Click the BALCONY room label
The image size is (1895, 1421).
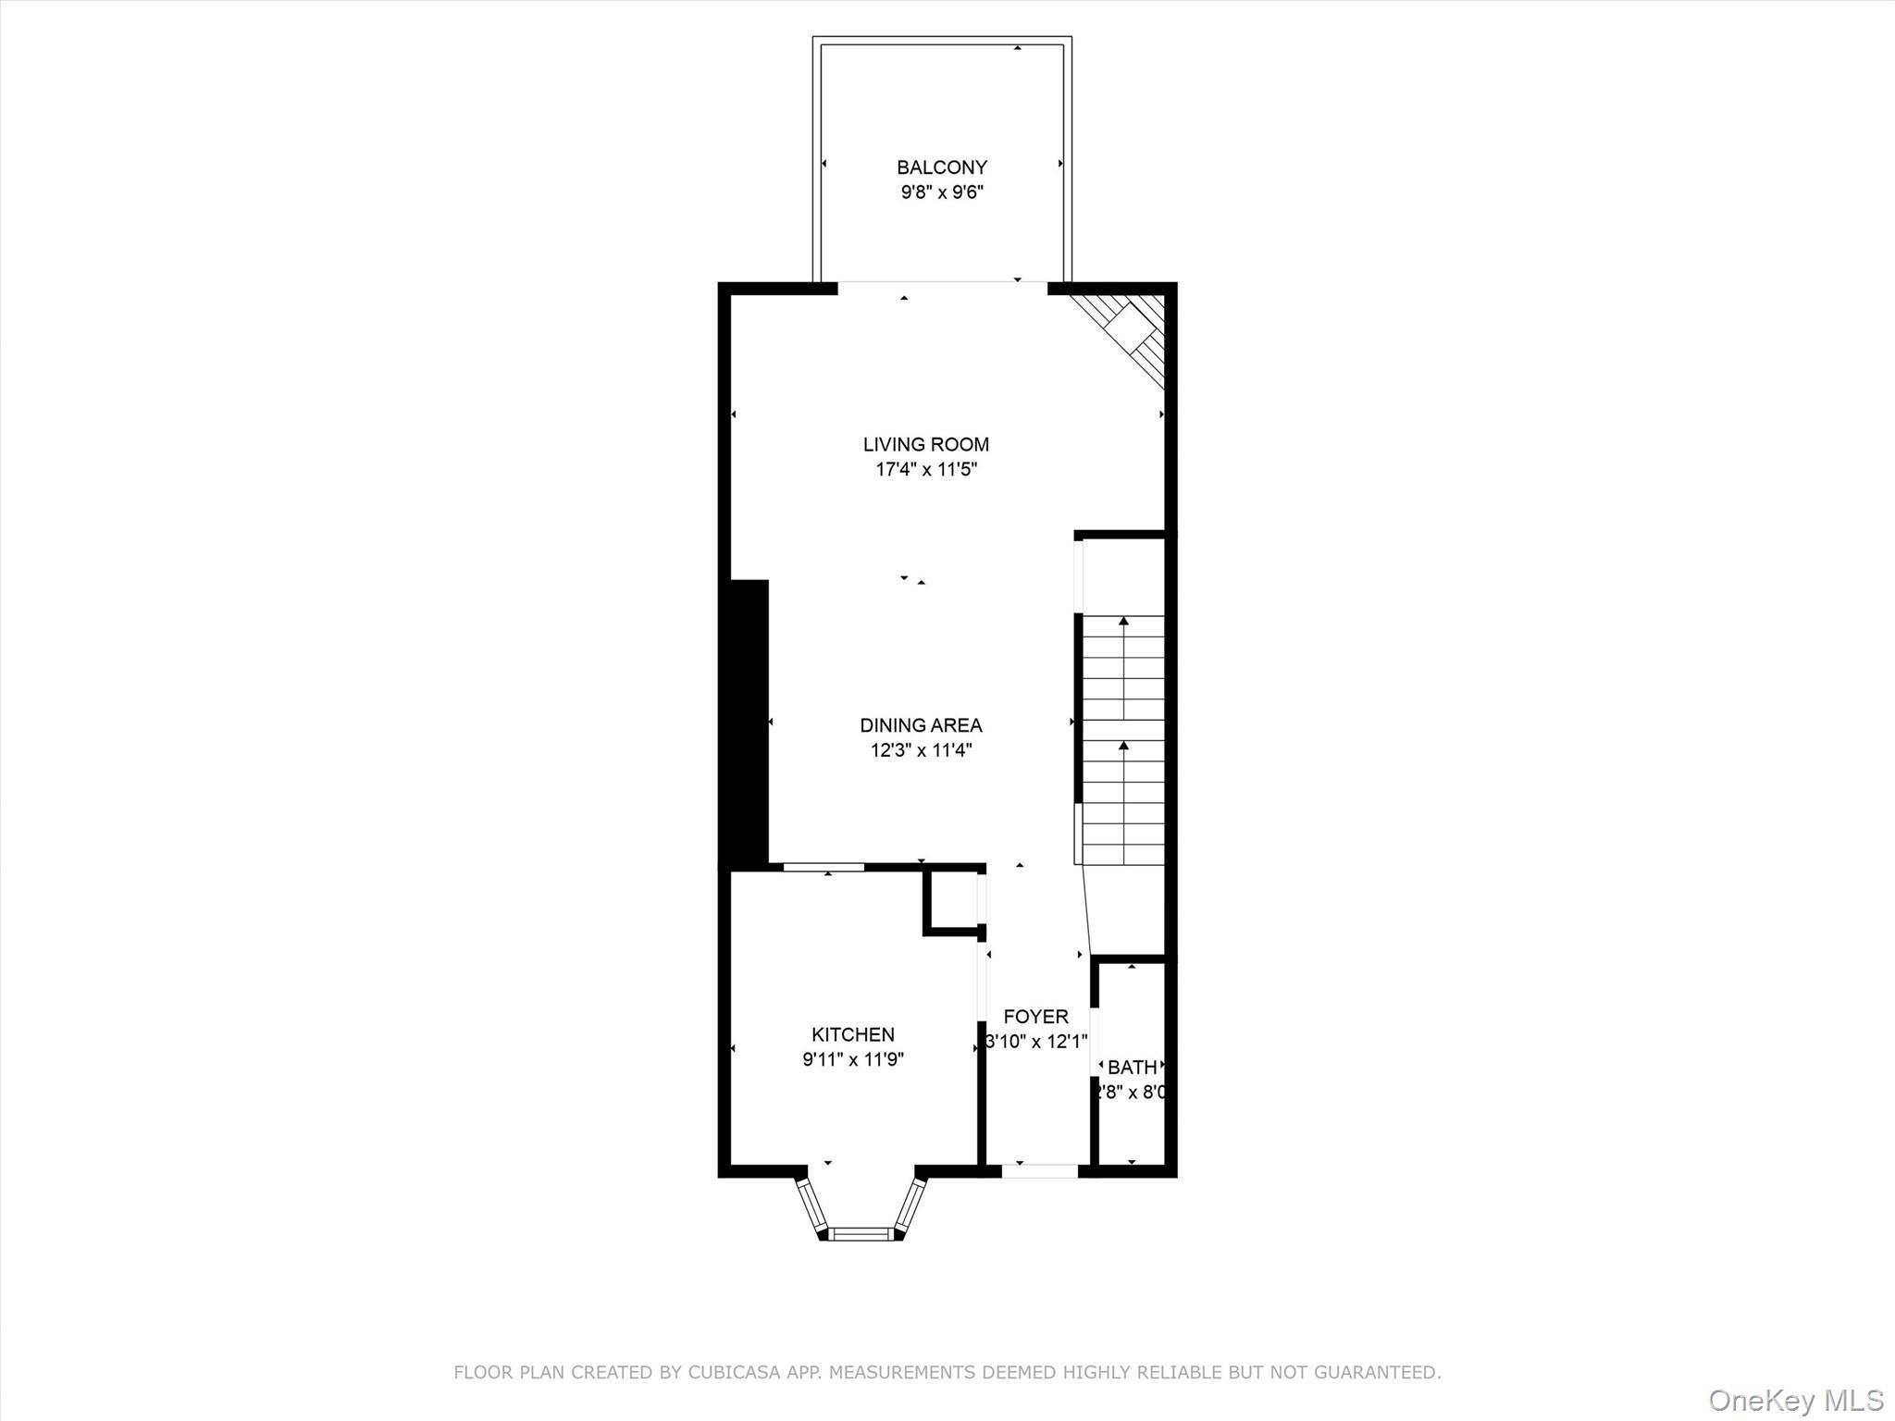(942, 167)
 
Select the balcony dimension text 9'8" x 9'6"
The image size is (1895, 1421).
(942, 193)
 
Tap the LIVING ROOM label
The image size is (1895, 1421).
(926, 444)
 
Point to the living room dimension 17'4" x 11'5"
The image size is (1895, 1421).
(926, 470)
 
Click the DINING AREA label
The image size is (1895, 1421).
(921, 725)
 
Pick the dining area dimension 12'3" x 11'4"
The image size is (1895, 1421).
(921, 750)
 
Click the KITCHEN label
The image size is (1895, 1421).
(853, 1034)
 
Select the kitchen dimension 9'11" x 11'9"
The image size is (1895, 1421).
(853, 1059)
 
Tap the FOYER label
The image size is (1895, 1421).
(1035, 1016)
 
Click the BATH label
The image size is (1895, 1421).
(1132, 1067)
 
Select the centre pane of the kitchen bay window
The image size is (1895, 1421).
(861, 1232)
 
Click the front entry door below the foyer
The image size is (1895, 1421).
(1040, 1170)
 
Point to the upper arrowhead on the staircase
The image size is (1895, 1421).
(1123, 622)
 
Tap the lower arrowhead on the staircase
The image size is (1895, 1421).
(1123, 745)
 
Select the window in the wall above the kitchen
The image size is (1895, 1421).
(824, 867)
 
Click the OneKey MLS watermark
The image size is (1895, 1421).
(1796, 1400)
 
